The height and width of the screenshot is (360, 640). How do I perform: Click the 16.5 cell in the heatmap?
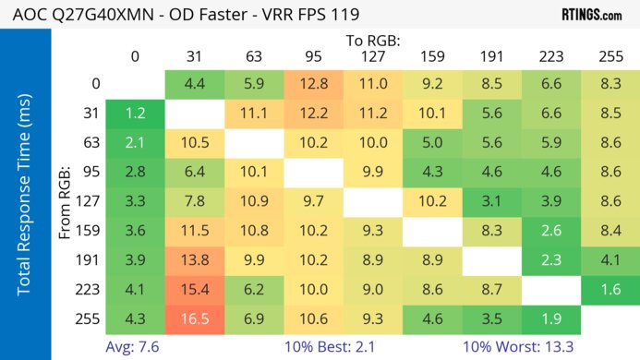coord(194,318)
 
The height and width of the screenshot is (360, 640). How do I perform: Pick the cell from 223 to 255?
coord(610,289)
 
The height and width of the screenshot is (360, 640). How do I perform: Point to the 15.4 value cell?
coord(194,289)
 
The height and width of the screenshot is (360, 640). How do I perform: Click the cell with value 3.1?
coord(491,201)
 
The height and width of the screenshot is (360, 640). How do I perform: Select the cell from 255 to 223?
coord(551,318)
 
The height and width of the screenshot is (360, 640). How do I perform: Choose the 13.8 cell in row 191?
coord(194,259)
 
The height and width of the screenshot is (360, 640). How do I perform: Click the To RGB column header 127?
coord(372,56)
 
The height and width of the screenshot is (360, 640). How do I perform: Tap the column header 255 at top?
coord(610,56)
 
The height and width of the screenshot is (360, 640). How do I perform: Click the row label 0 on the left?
coord(96,84)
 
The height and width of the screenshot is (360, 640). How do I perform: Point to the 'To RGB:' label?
coord(372,41)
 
